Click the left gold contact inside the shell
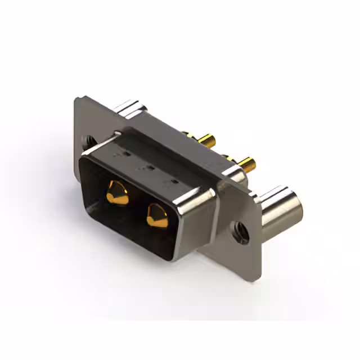[x=117, y=193]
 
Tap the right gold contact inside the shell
[x=157, y=215]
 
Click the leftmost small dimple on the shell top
[x=126, y=152]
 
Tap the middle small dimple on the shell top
[x=151, y=167]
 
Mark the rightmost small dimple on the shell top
[x=174, y=181]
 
